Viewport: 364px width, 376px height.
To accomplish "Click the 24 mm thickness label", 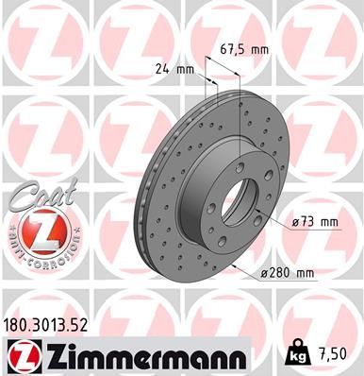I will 174,68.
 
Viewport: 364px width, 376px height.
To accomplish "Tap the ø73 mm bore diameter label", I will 315,222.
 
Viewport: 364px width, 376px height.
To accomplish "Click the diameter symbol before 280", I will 262,273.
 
